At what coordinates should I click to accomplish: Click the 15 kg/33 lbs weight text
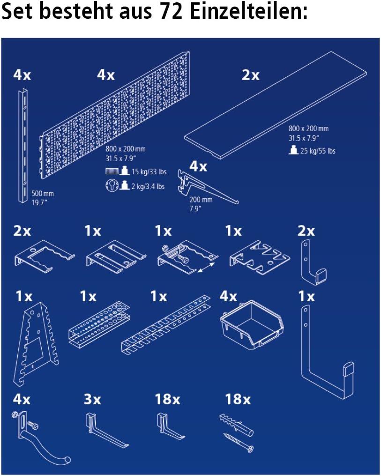(149, 171)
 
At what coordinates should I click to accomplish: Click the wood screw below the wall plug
(239, 442)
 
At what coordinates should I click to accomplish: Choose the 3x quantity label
(93, 399)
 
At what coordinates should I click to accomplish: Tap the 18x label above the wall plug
(238, 399)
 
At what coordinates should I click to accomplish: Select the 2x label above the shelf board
(250, 75)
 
